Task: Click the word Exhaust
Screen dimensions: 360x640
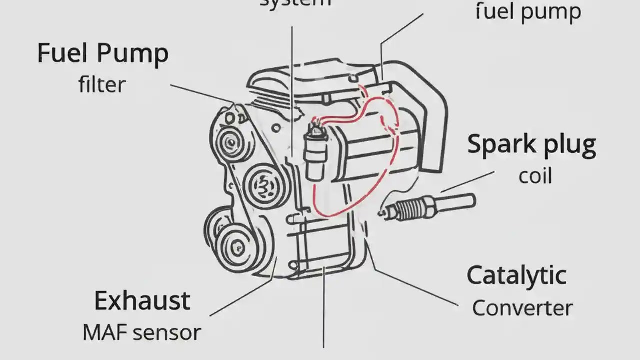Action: [x=142, y=301]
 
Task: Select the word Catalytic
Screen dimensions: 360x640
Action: [x=516, y=276]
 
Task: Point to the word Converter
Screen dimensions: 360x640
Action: [x=522, y=308]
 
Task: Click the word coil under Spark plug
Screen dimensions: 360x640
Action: [x=535, y=176]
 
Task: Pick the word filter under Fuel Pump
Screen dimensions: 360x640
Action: [x=102, y=84]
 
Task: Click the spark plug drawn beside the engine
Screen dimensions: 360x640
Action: [x=428, y=205]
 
